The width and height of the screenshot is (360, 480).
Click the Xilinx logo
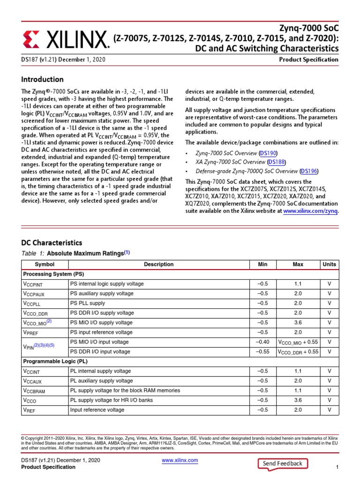[x=66, y=40]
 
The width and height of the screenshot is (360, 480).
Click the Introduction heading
[x=42, y=79]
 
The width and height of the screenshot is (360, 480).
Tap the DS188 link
[x=277, y=162]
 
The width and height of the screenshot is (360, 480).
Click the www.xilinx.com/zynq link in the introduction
[x=311, y=211]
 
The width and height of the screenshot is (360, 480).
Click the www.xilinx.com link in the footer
[x=180, y=460]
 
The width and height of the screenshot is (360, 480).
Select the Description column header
[x=159, y=264]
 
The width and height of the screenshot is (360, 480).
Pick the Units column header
[x=330, y=264]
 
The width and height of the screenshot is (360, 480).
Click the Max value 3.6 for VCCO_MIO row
[x=298, y=322]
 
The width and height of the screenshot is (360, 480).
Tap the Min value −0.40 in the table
[x=263, y=342]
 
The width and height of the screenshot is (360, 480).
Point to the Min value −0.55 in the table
[x=263, y=352]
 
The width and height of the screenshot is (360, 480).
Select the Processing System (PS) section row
[x=52, y=274]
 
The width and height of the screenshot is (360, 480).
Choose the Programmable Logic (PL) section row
[x=56, y=361]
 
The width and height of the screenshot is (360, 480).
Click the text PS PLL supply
[x=88, y=303]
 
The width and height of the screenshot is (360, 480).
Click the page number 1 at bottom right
[x=337, y=468]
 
